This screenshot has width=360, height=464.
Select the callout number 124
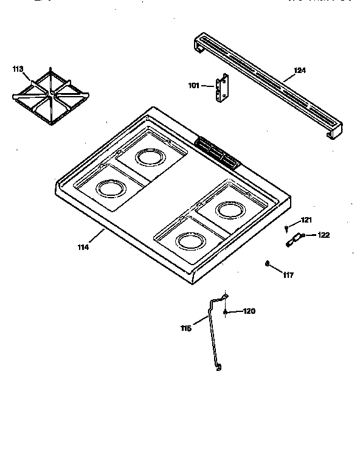pos(299,71)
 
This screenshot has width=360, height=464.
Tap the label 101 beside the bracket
pos(193,86)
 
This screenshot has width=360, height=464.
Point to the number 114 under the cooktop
pos(83,247)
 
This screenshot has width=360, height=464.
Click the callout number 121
pos(306,220)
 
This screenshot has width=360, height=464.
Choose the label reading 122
pos(324,235)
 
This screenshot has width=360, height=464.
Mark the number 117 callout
pos(288,275)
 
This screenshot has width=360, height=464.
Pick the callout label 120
pos(249,311)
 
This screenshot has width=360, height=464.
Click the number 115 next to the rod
pos(186,328)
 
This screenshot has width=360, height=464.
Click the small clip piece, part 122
pos(292,240)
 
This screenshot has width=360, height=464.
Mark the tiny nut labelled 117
pos(268,263)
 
